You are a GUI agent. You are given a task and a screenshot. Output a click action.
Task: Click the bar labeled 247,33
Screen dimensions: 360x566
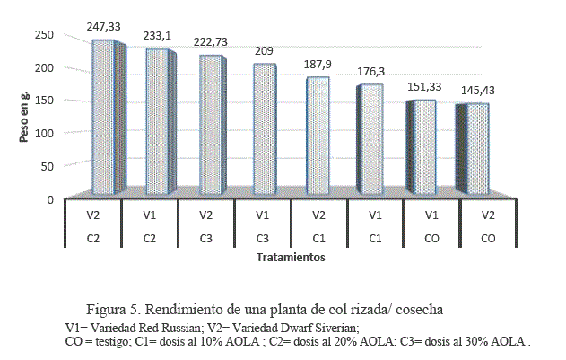tap(103, 117)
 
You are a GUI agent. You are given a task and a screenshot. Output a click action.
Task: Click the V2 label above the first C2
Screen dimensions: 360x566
tap(91, 215)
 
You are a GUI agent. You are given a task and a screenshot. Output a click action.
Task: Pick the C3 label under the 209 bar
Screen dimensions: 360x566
tap(263, 239)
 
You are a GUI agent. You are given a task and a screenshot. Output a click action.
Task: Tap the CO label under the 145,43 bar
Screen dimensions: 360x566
tap(488, 239)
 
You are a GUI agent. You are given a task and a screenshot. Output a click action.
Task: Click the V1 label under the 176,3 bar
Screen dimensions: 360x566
tap(375, 215)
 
